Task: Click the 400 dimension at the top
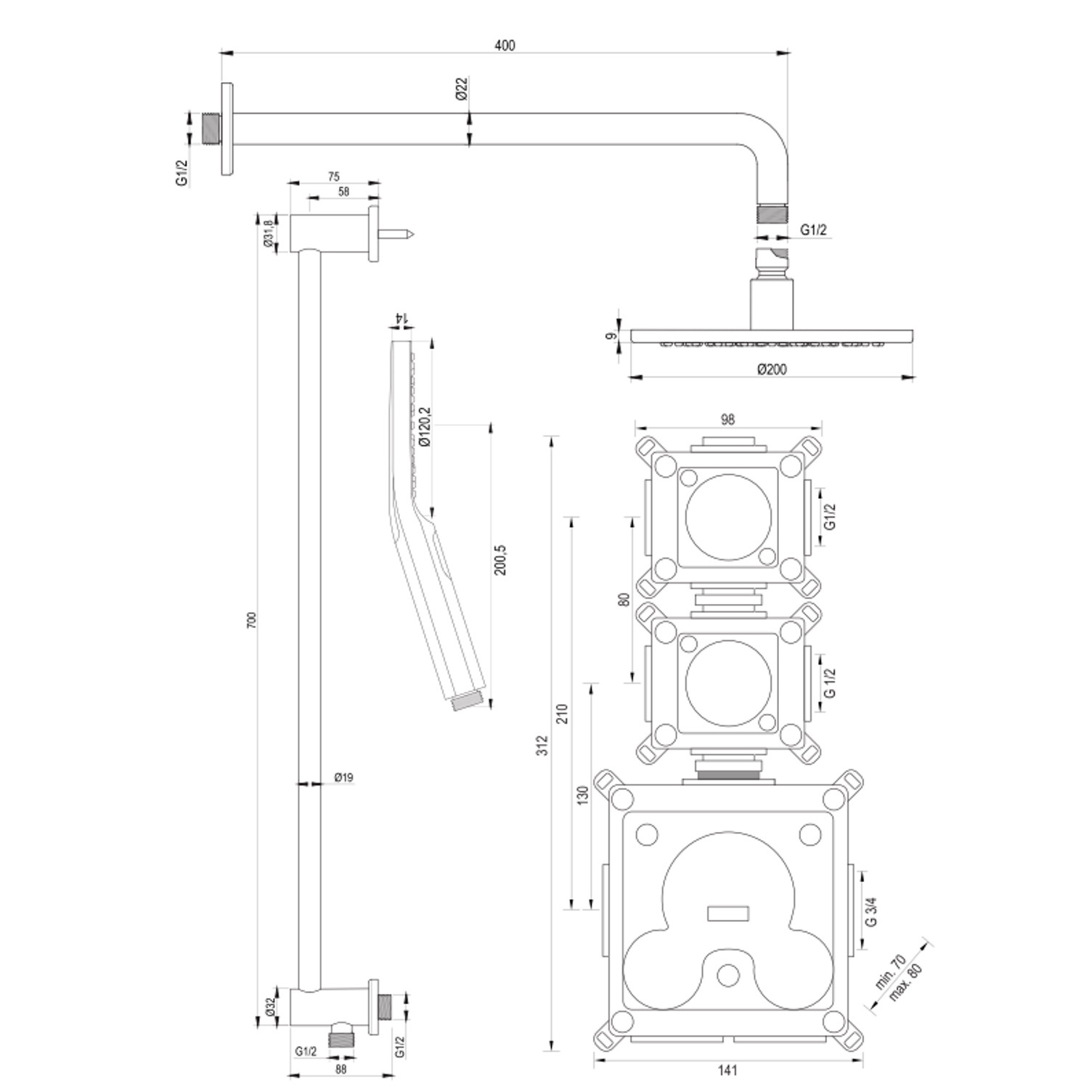[505, 46]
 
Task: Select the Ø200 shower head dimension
[772, 369]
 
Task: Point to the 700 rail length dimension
[252, 620]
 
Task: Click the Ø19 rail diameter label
[344, 778]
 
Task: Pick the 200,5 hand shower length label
[501, 560]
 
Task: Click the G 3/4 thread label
[872, 911]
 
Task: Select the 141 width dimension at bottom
[727, 1069]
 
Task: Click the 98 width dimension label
[728, 419]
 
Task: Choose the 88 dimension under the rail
[341, 1069]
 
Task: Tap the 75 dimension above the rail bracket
[333, 176]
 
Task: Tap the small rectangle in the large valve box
[727, 913]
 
